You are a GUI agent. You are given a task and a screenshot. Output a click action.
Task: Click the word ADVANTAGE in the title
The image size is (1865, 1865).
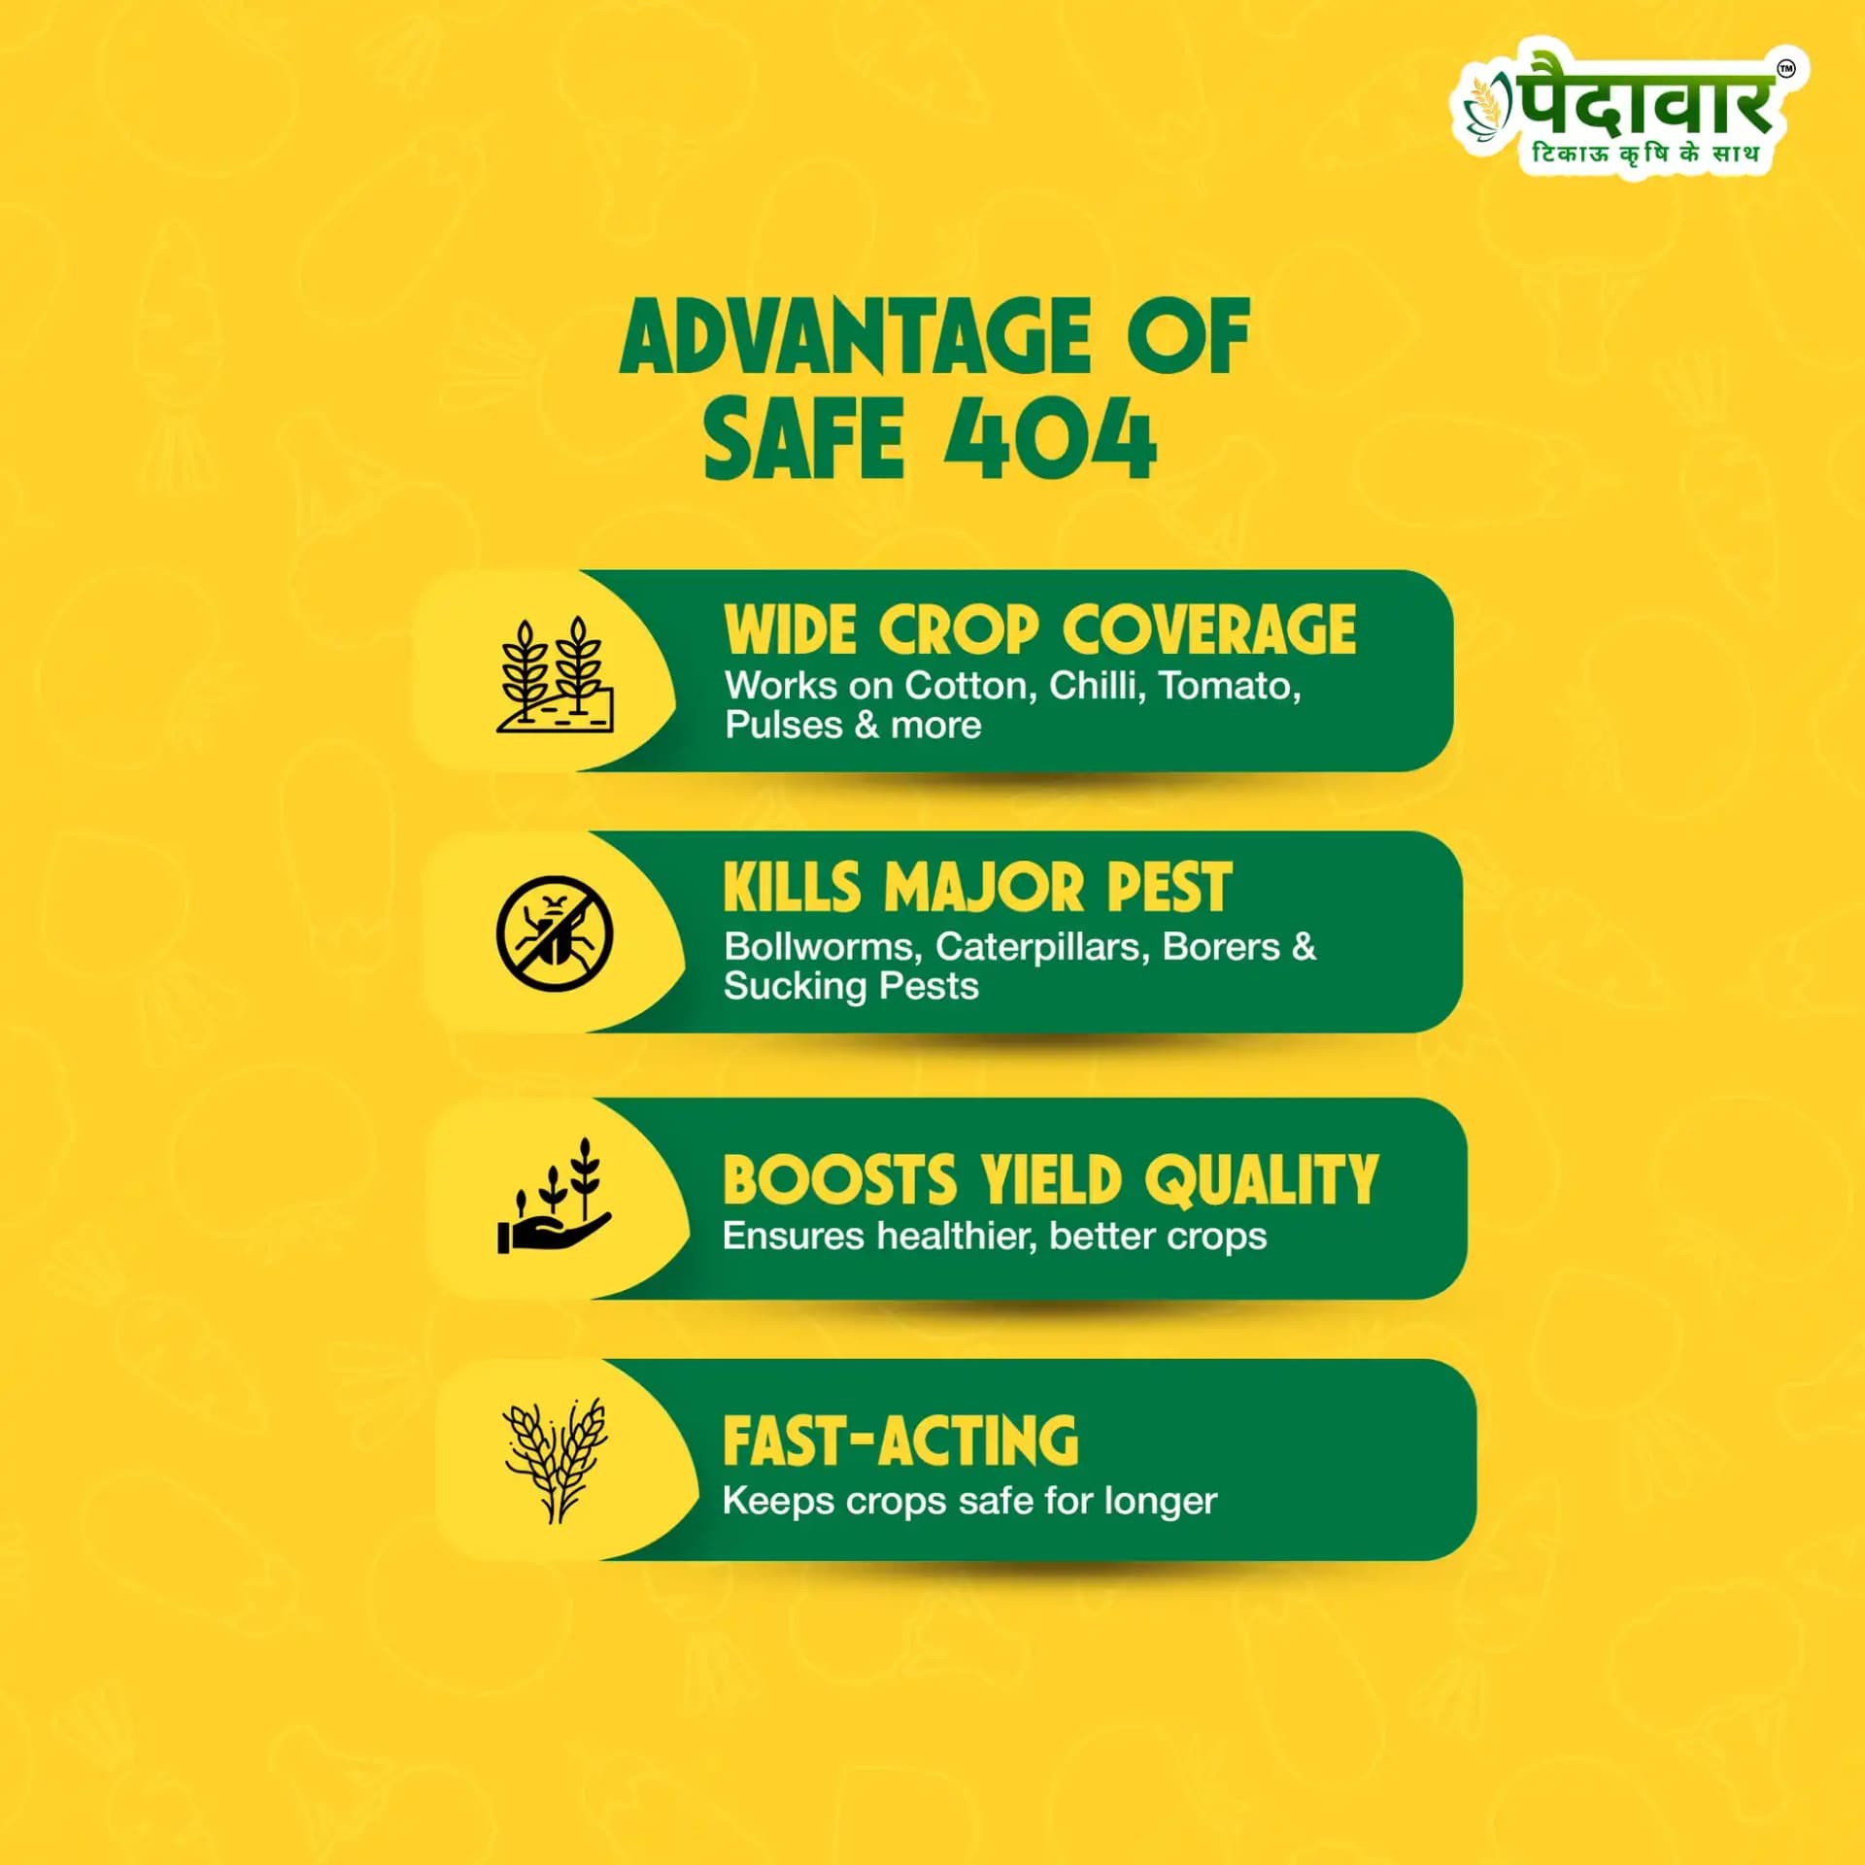[856, 337]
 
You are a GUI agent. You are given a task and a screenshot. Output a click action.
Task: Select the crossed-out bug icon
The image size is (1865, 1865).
[555, 933]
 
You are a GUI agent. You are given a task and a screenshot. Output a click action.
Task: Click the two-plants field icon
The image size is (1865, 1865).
[555, 674]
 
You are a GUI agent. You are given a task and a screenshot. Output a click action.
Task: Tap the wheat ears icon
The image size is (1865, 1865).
[555, 1460]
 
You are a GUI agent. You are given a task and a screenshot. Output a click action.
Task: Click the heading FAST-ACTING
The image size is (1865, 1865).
[900, 1441]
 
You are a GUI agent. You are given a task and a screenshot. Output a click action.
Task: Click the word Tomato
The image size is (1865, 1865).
[1230, 686]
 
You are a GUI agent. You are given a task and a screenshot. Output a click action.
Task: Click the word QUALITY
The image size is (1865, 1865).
[1261, 1180]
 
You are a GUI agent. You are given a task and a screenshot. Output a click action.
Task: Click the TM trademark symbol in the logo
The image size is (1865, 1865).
[1785, 69]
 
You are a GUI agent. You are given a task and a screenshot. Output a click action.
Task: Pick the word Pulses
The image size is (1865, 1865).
[784, 726]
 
